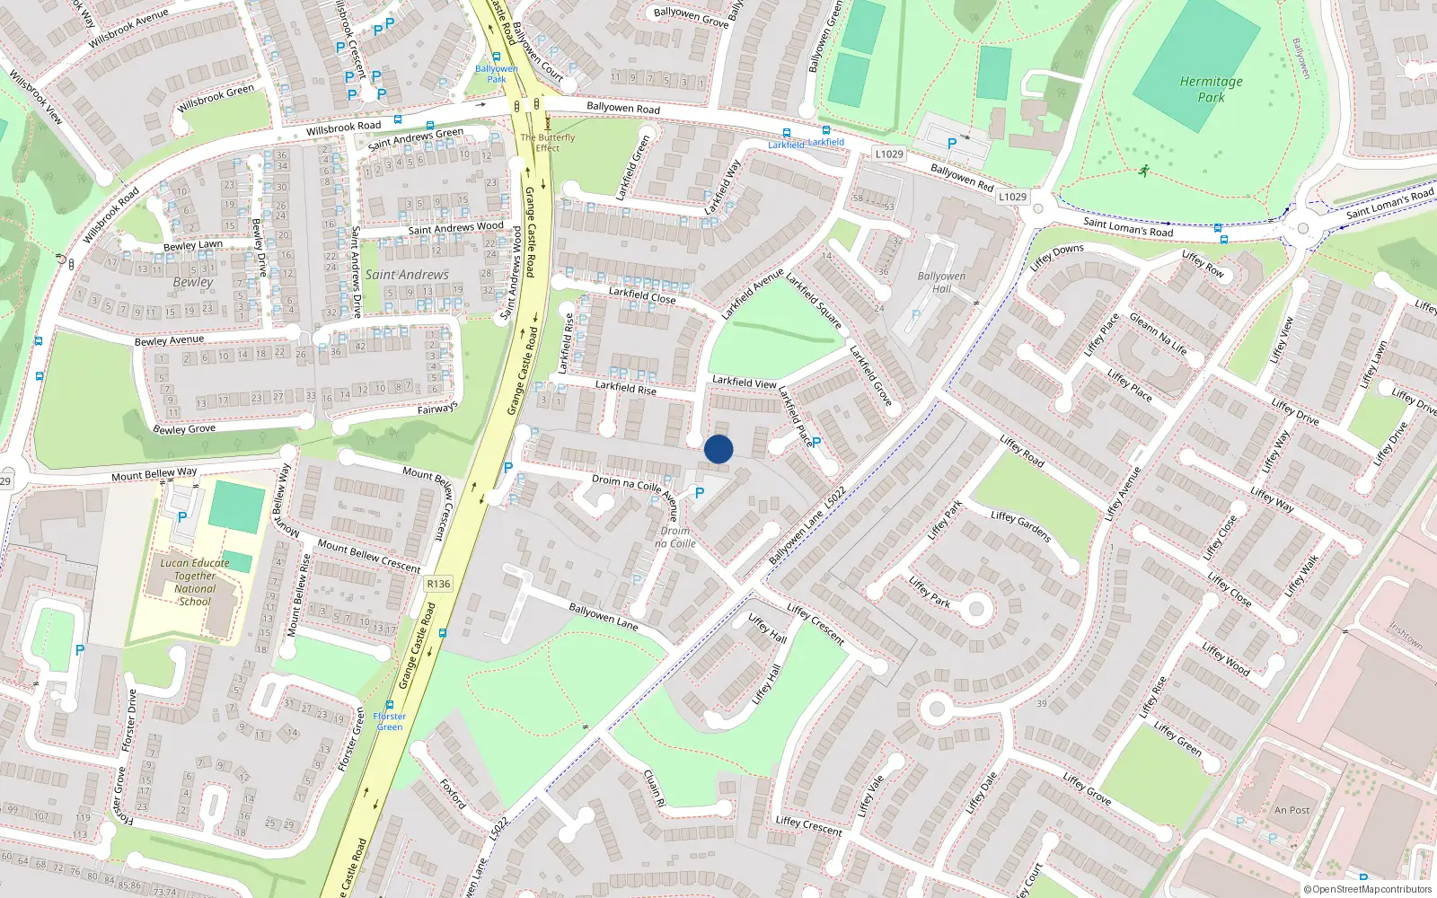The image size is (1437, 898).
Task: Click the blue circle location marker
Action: (718, 449)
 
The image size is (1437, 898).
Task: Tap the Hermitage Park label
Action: (1211, 89)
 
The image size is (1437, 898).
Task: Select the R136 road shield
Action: (438, 584)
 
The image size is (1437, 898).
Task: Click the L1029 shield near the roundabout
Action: (1012, 197)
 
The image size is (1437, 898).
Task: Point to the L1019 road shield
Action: (889, 154)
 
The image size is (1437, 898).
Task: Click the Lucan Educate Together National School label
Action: (195, 582)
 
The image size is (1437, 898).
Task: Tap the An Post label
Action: (1292, 810)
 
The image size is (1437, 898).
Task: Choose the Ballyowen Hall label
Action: (941, 282)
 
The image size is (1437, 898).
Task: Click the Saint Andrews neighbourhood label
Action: (407, 275)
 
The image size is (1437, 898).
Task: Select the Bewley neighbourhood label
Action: (193, 282)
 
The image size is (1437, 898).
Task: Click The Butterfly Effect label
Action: (548, 143)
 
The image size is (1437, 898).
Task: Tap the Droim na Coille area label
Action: (675, 537)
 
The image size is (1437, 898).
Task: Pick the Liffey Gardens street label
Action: (1020, 526)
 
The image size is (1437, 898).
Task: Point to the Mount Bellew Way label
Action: (154, 474)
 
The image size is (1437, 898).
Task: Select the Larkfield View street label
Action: (744, 382)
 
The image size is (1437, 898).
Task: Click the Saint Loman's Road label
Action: (1128, 226)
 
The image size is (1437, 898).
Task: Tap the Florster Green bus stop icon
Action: (389, 705)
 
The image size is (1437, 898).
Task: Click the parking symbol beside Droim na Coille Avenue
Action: (700, 493)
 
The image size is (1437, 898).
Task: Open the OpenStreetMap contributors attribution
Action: (1368, 889)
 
